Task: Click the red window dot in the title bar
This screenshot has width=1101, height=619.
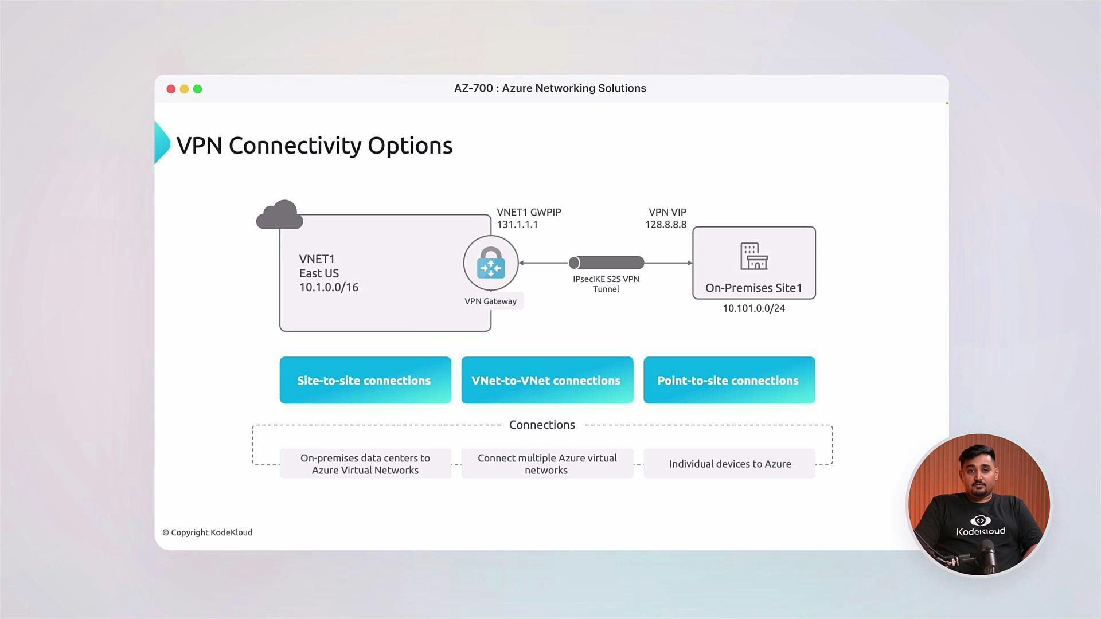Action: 171,89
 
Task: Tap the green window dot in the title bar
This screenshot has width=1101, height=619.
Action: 197,89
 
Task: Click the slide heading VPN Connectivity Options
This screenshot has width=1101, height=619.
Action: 314,146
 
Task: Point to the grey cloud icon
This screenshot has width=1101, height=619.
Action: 279,215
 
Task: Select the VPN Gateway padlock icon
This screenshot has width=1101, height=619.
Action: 491,263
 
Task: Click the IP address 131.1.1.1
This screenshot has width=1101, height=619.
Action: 517,225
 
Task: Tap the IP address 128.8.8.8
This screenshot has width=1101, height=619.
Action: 665,225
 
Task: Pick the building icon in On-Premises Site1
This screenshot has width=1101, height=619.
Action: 753,256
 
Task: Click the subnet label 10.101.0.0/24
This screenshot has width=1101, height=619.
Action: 753,308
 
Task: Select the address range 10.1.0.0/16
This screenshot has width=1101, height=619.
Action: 329,287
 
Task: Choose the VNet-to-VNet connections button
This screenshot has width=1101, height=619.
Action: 547,381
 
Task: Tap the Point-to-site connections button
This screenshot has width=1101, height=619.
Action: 729,381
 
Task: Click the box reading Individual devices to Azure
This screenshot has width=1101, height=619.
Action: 729,464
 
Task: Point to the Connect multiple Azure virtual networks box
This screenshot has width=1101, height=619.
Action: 547,464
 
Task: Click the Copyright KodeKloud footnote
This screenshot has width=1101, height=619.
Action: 208,532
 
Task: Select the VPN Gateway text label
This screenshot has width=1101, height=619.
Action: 491,301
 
